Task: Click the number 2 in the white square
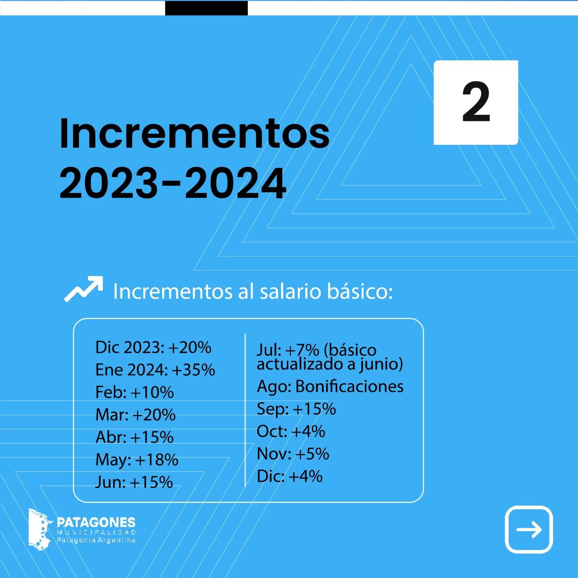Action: [x=476, y=102]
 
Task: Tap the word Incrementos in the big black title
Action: [x=194, y=133]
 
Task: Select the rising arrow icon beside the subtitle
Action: [x=83, y=289]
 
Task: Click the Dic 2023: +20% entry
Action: [x=153, y=347]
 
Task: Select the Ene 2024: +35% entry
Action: [x=155, y=370]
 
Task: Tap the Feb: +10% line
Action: [x=134, y=392]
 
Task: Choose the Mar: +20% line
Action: [x=135, y=415]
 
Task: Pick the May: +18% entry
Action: [x=137, y=460]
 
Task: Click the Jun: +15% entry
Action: [x=134, y=482]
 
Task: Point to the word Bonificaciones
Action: [x=349, y=386]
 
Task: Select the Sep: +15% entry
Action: [x=296, y=409]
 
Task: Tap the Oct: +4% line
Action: [x=291, y=431]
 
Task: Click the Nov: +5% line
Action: [x=293, y=454]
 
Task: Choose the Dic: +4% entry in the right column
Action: [x=290, y=476]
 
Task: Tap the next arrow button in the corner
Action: [x=529, y=530]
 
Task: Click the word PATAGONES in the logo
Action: [x=96, y=522]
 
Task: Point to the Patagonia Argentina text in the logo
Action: [x=96, y=540]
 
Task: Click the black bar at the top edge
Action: [x=206, y=8]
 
